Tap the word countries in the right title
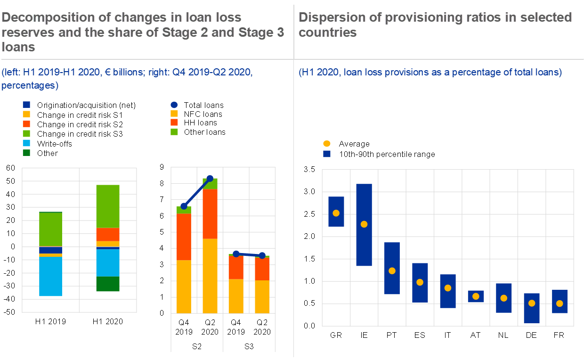(327, 33)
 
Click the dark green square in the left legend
(26, 153)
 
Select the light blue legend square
(26, 143)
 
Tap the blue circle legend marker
(174, 105)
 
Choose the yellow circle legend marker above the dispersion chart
(327, 144)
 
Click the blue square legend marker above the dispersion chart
(327, 154)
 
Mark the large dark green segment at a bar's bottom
(107, 284)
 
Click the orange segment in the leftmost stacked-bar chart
(107, 234)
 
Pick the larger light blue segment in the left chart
(50, 276)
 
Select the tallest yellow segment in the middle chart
(210, 276)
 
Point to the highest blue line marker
(210, 178)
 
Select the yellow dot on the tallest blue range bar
(364, 224)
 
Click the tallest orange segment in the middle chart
(210, 214)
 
